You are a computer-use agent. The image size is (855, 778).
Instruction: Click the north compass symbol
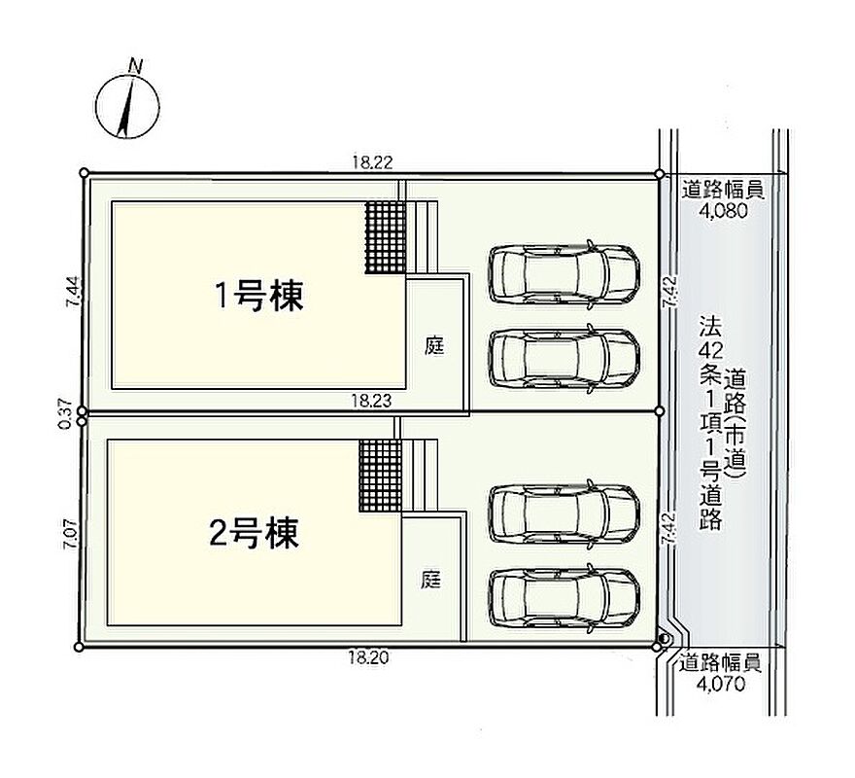tap(127, 105)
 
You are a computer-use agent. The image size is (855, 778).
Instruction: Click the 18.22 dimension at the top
tap(372, 162)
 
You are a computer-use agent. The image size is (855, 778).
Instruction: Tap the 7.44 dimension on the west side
tap(74, 292)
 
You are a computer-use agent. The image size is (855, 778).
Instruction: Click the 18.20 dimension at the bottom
tap(368, 657)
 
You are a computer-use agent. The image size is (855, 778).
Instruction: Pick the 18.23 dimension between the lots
tap(371, 402)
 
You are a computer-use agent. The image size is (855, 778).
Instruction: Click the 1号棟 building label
tap(259, 296)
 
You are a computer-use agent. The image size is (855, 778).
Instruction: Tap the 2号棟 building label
tap(255, 532)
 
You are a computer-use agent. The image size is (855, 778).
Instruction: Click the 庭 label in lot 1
tap(434, 345)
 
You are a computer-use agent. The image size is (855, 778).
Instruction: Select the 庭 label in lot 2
tap(430, 580)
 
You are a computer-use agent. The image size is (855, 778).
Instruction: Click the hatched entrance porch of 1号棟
tap(386, 237)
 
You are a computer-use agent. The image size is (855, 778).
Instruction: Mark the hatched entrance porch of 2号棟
tap(381, 475)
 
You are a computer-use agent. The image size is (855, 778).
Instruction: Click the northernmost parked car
tap(564, 272)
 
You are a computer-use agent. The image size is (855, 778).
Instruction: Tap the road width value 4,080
tap(723, 211)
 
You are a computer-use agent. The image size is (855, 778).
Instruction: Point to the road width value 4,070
tap(720, 684)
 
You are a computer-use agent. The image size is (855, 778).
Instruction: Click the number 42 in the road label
tap(711, 350)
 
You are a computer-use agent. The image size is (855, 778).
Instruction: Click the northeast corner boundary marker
tap(660, 174)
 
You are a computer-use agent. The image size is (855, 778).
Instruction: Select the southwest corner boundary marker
tap(79, 648)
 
